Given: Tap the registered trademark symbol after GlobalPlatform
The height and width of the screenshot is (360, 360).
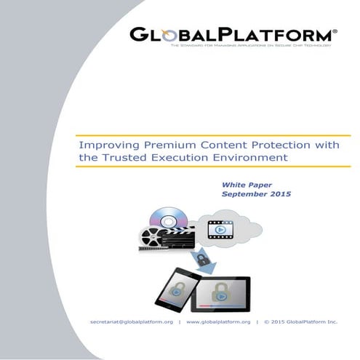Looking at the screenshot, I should tap(335, 31).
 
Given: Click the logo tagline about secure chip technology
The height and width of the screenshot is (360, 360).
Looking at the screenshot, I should tap(252, 46).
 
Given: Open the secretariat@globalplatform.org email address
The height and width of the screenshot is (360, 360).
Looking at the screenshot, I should tap(132, 321).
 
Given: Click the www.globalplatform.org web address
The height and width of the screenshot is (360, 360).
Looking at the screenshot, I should tap(218, 321).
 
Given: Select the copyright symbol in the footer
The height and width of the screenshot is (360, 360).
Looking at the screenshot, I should tap(266, 321).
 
